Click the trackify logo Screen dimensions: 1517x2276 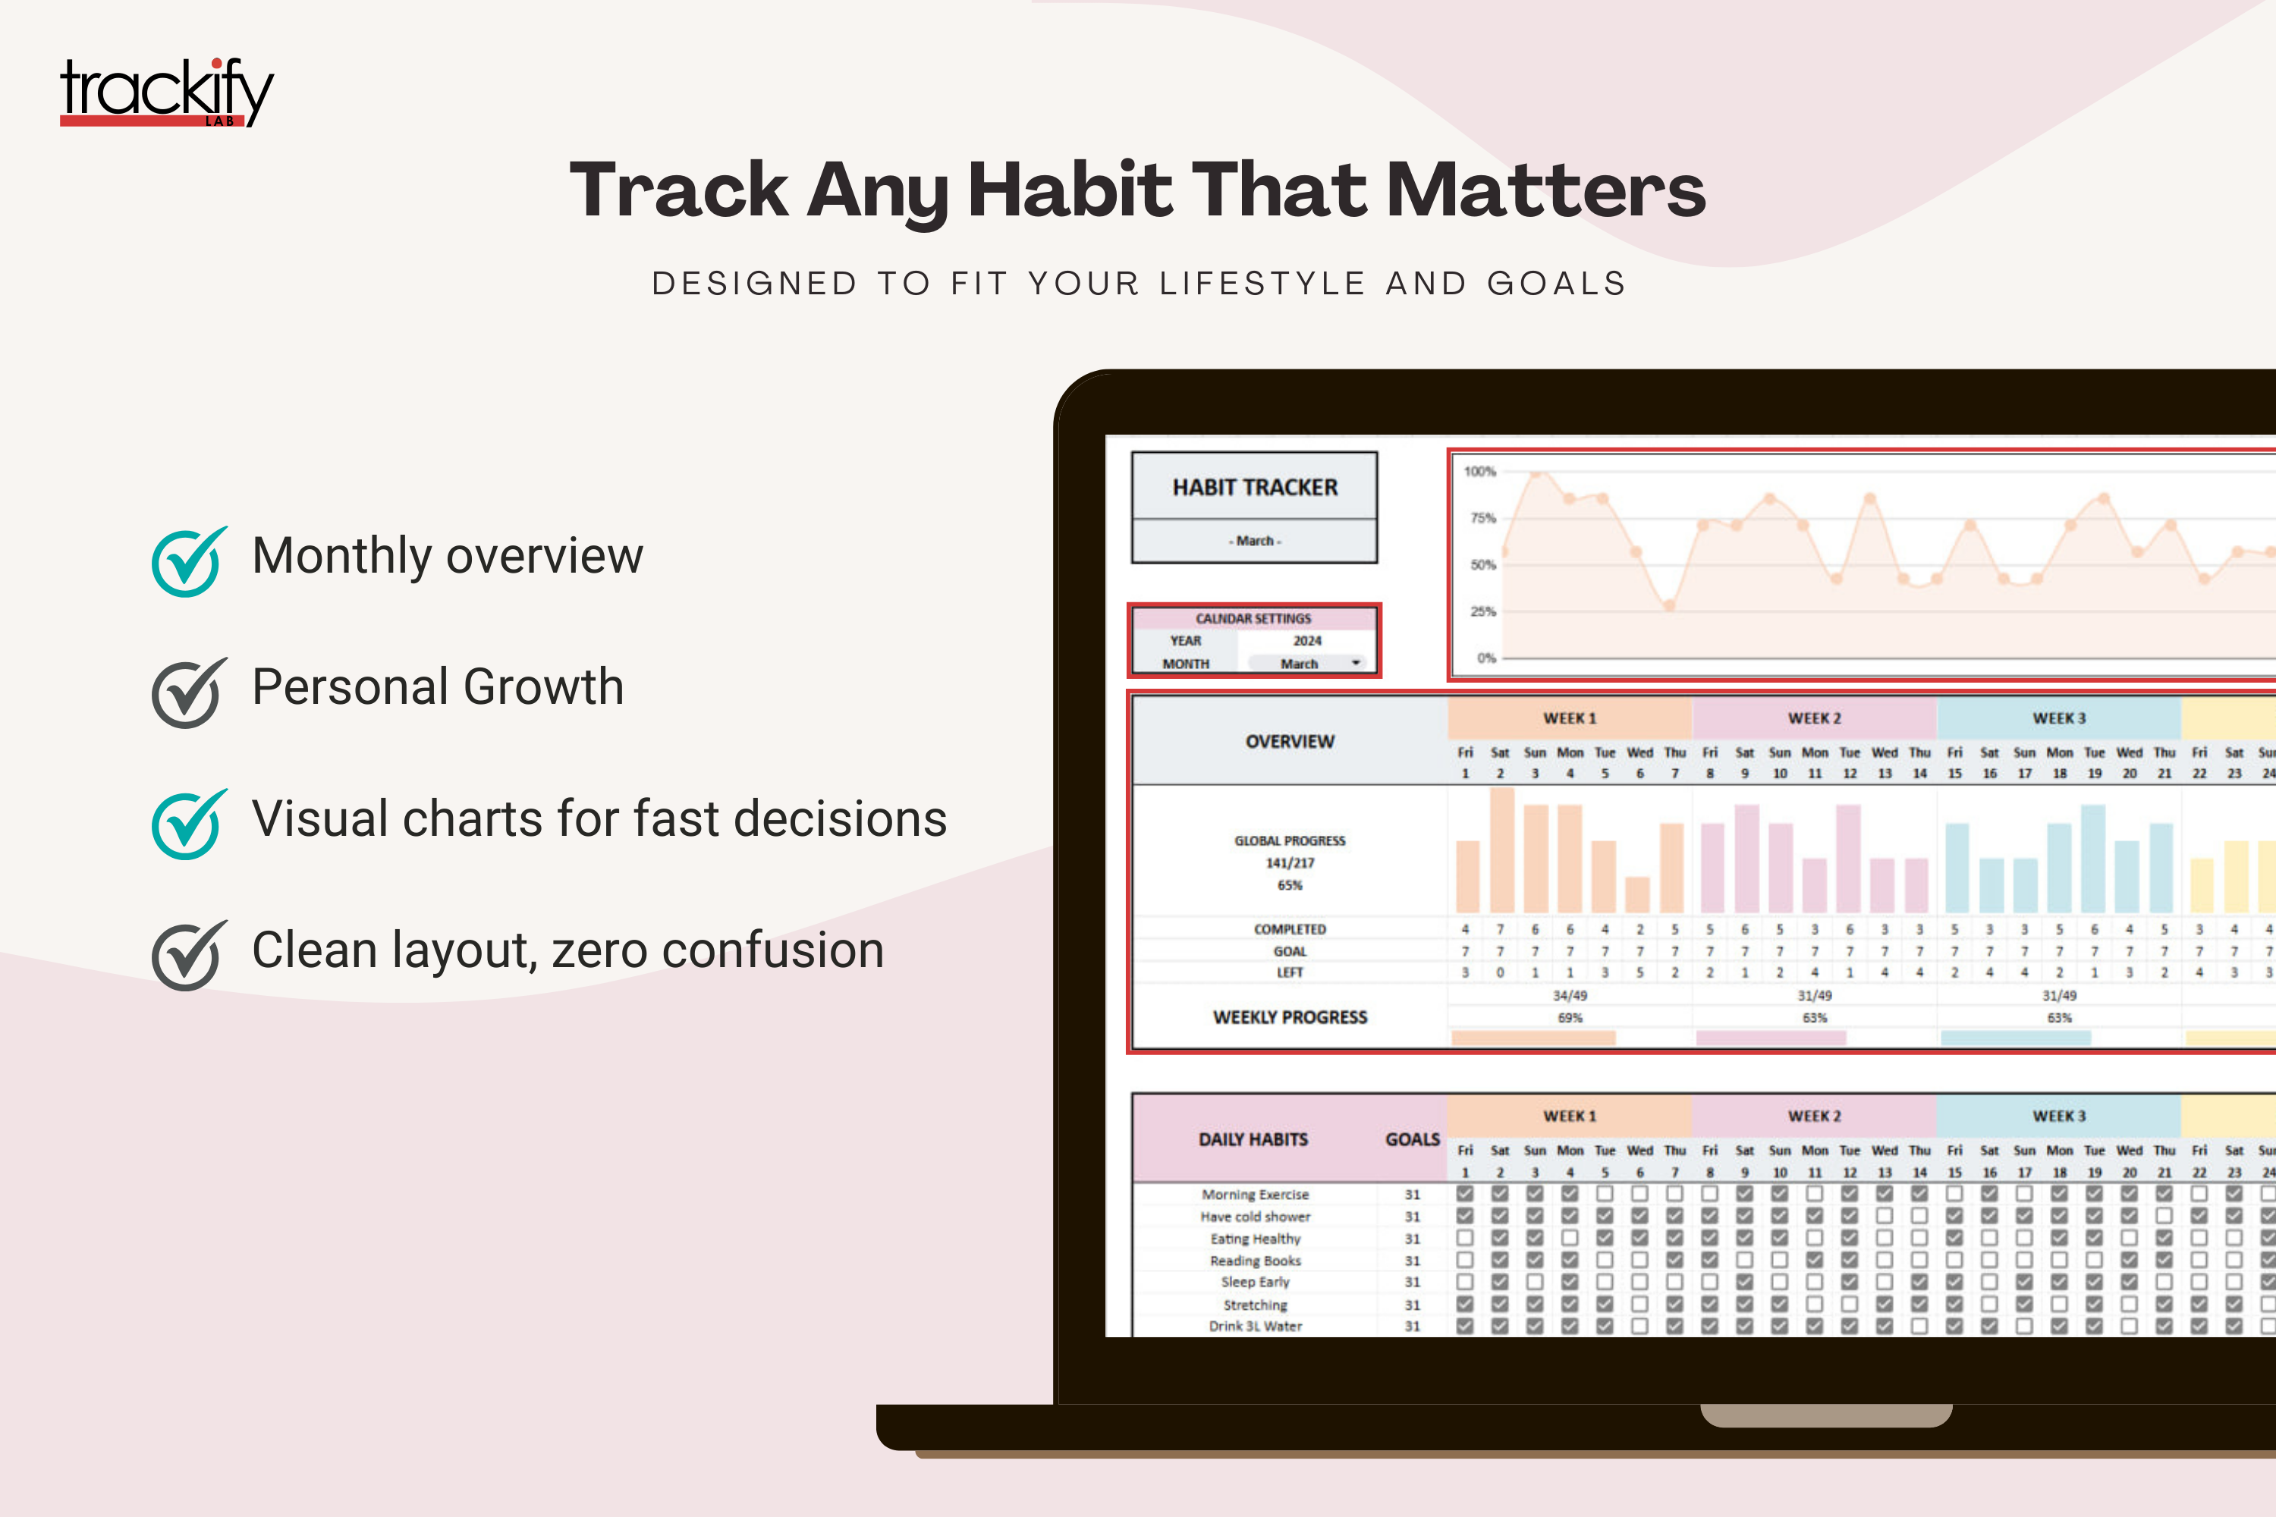[x=166, y=93]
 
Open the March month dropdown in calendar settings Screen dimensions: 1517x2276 [x=1355, y=664]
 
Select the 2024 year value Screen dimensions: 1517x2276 [x=1306, y=640]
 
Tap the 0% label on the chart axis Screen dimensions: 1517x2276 [x=1485, y=658]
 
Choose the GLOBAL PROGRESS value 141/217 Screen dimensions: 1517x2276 [x=1290, y=863]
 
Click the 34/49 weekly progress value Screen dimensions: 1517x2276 [x=1570, y=995]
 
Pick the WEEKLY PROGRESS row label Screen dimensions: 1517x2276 [x=1290, y=1017]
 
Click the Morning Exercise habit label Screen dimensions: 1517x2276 [x=1255, y=1195]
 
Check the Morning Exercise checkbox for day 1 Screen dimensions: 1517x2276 [x=1465, y=1194]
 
